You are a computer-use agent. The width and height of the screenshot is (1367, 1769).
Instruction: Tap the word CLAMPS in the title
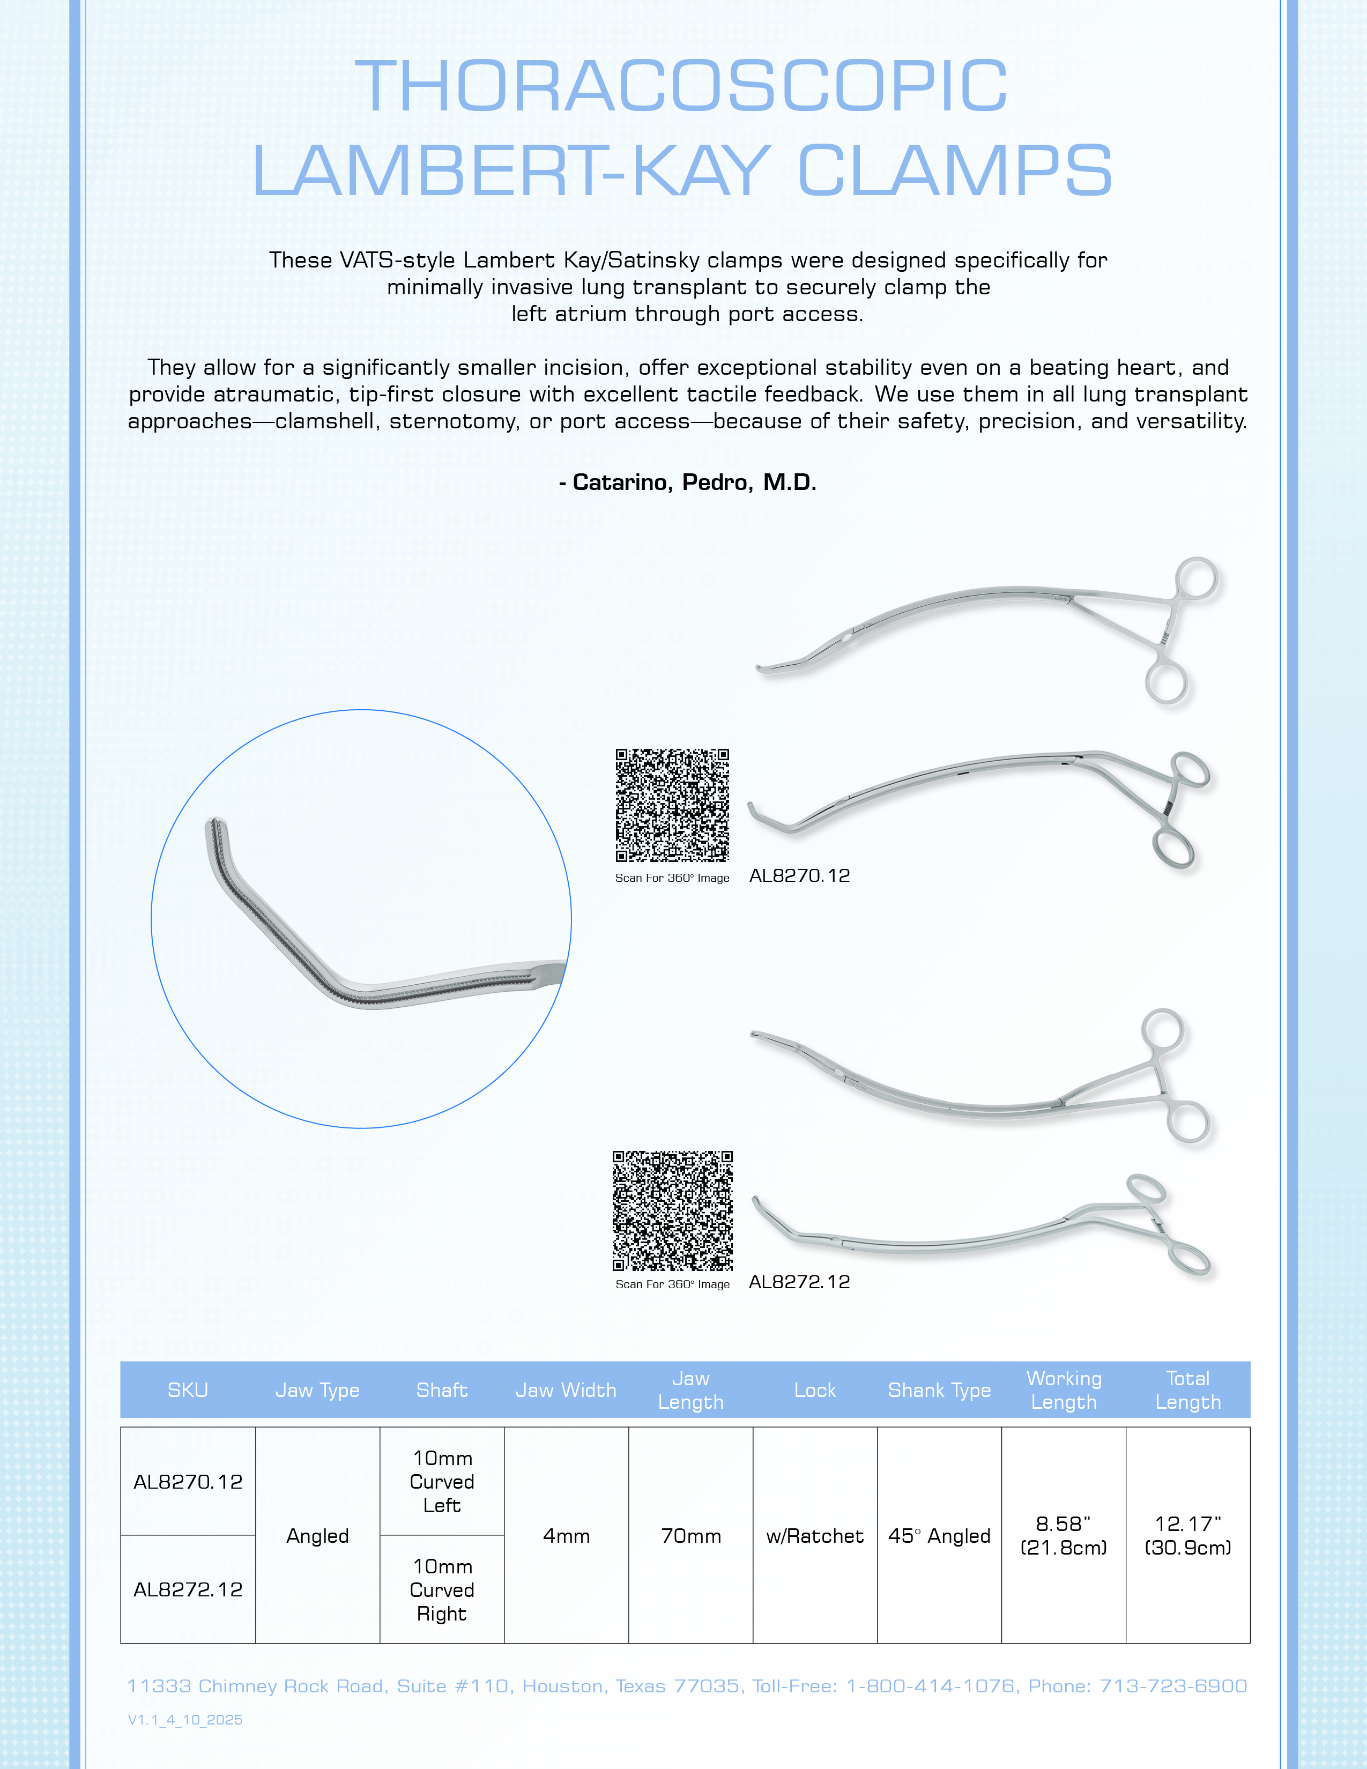[x=956, y=171]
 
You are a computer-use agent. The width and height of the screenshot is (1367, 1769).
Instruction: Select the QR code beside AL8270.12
[x=672, y=805]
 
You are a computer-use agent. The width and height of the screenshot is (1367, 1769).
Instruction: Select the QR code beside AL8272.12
[x=672, y=1210]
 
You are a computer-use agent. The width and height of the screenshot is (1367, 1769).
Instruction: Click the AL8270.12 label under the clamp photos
[x=799, y=875]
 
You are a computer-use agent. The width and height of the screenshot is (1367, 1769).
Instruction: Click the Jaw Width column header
[x=566, y=1390]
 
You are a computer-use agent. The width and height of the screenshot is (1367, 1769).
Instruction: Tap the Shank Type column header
[x=939, y=1390]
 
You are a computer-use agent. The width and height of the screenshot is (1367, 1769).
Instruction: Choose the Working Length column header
[x=1064, y=1390]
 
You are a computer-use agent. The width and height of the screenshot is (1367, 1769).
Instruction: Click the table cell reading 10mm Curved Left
[x=442, y=1482]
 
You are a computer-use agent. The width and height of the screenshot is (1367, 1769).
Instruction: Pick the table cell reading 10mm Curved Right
[x=442, y=1589]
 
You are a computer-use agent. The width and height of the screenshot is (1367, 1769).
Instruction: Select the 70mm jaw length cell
[x=691, y=1536]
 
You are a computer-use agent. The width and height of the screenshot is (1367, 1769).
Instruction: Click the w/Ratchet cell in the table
[x=815, y=1536]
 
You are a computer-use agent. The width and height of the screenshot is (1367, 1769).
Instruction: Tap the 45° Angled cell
[x=939, y=1536]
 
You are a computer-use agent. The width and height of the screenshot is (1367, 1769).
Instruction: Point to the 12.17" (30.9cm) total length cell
[x=1187, y=1536]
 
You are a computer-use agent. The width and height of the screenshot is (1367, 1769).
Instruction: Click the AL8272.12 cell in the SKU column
[x=188, y=1589]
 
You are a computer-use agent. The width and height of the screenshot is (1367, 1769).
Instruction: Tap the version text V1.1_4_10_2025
[x=185, y=1720]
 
